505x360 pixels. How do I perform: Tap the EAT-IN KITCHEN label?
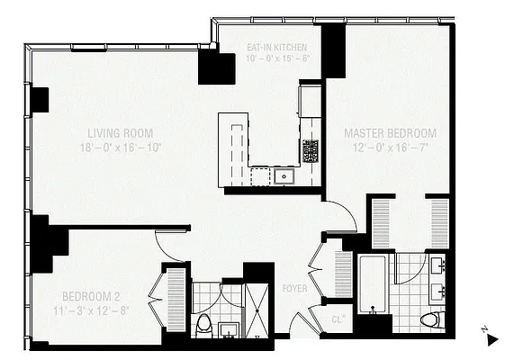click(x=277, y=46)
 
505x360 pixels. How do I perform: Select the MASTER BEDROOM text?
click(x=390, y=133)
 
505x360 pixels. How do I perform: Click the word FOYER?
click(x=294, y=290)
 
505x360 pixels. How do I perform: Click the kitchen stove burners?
click(x=311, y=149)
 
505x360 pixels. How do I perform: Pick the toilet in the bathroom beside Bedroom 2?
click(x=204, y=323)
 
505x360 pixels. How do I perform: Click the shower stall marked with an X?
click(x=258, y=310)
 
